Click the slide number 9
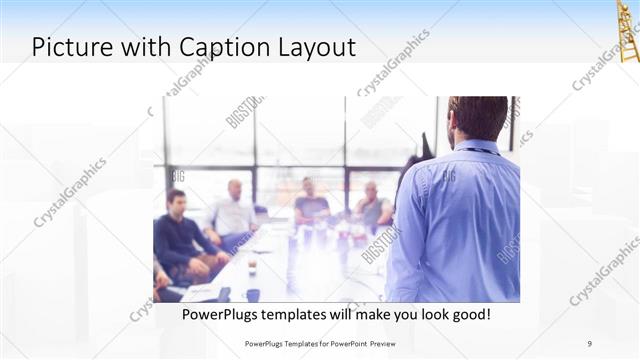[590, 343]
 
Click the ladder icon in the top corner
[627, 30]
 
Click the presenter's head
[477, 117]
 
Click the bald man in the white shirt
[233, 212]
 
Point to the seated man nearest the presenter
[372, 206]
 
